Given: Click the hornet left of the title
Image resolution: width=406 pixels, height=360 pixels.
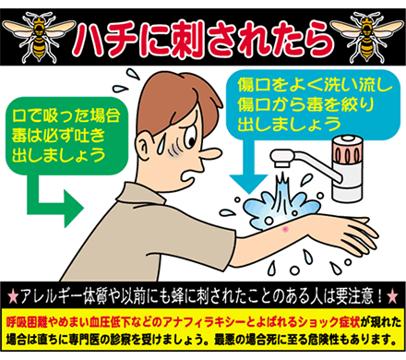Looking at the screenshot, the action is tap(39, 36).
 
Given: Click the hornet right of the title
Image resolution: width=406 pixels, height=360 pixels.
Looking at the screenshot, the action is tap(366, 36).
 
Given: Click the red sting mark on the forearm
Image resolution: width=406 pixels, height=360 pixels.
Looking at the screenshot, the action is tap(286, 229).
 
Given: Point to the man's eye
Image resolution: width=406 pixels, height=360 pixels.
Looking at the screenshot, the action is tap(190, 137).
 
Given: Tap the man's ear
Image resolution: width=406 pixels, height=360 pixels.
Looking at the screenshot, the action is tap(145, 148).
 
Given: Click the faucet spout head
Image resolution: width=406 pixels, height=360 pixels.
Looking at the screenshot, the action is tap(281, 158).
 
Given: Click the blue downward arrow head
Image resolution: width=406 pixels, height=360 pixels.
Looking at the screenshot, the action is tap(248, 184).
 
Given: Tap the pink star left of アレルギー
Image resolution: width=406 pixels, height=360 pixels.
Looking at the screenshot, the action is tap(13, 296).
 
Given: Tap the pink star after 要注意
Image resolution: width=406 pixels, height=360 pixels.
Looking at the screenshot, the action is tap(393, 296).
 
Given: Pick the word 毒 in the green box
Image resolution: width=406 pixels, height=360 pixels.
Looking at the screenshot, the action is tap(19, 136).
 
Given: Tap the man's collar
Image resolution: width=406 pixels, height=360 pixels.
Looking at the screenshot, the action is tap(137, 196).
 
